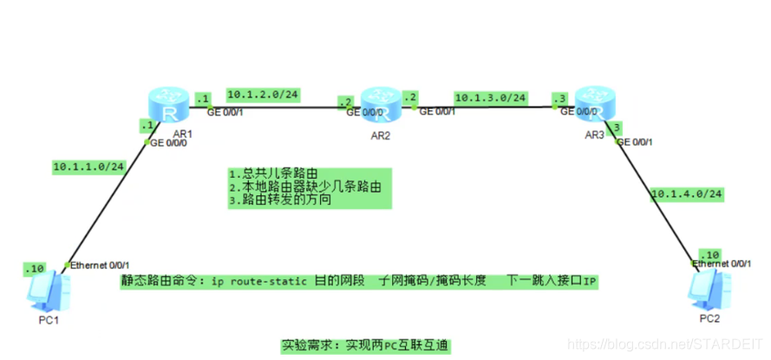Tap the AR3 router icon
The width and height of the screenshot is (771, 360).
[592, 103]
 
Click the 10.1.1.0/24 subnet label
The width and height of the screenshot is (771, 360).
[89, 165]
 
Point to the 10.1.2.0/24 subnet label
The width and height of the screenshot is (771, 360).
[262, 94]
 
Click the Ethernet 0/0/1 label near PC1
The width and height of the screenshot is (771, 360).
[101, 264]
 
